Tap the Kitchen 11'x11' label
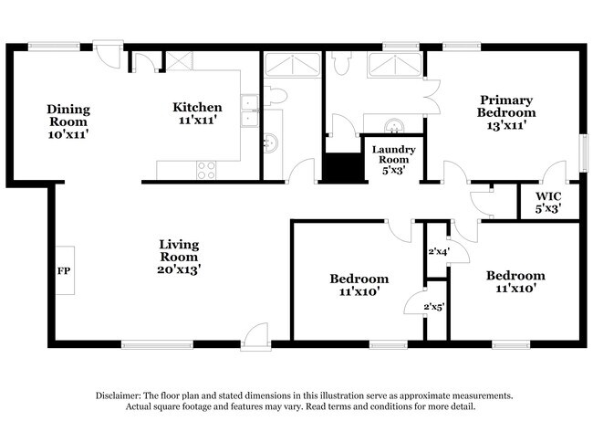pos(197,113)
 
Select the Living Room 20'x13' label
pos(179,257)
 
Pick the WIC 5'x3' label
pos(547,202)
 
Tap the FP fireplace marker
pos(64,271)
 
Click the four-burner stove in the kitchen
pos(207,169)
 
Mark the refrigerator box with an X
pos(176,61)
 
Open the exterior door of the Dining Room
pos(109,51)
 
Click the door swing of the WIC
pos(553,173)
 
